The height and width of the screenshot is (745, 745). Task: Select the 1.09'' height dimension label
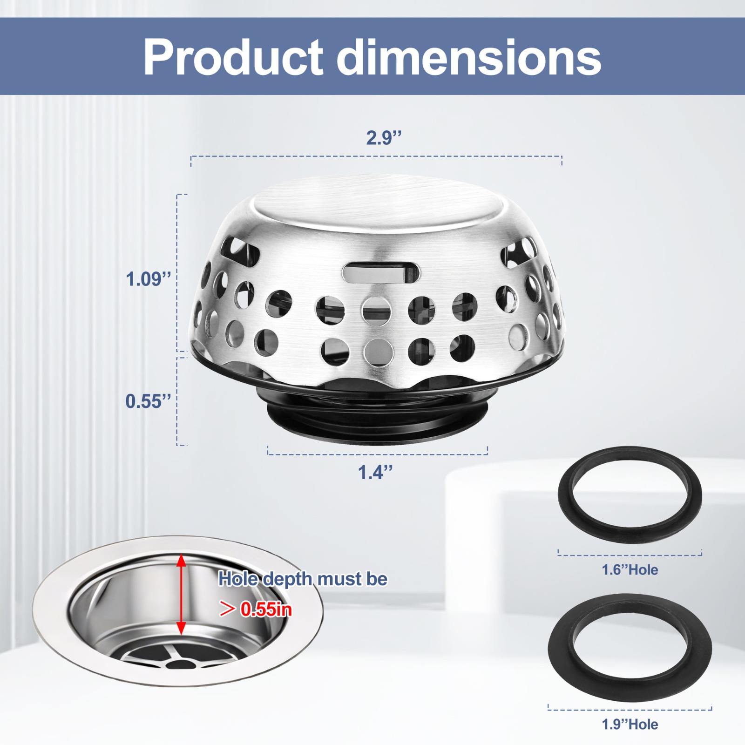click(x=149, y=280)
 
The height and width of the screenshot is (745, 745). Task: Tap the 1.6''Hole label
click(x=630, y=569)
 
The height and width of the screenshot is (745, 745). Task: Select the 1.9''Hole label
click(x=630, y=724)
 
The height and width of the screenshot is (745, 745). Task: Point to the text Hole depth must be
click(x=303, y=579)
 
